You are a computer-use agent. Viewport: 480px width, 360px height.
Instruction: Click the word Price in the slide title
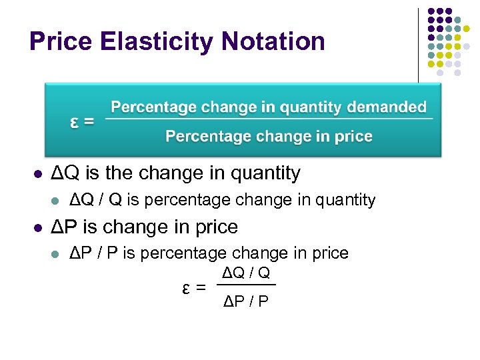click(60, 41)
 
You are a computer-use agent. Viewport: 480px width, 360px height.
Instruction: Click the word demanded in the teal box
click(393, 107)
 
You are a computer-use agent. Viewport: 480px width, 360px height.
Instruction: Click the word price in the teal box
click(351, 137)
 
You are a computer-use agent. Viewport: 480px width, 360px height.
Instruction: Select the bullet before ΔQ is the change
click(37, 174)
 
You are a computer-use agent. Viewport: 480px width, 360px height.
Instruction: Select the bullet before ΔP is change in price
click(37, 227)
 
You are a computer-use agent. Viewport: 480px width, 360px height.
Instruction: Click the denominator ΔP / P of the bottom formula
click(245, 301)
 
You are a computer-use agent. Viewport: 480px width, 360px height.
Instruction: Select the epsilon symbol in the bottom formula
click(187, 288)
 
